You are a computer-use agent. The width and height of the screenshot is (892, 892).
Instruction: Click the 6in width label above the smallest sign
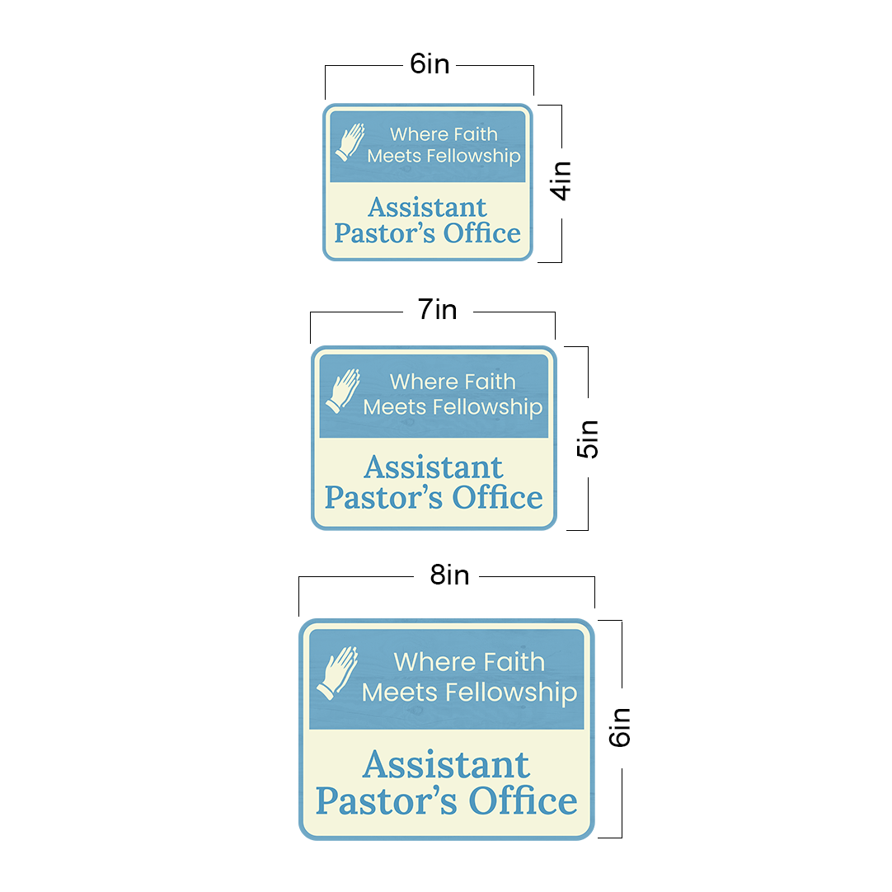(x=430, y=65)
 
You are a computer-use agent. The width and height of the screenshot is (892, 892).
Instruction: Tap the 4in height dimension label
(x=561, y=180)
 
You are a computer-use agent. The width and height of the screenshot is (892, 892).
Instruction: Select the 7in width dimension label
(x=437, y=310)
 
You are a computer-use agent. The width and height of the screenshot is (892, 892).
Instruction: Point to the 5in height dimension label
(x=588, y=439)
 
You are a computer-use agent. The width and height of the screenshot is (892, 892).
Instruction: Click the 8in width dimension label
(x=449, y=575)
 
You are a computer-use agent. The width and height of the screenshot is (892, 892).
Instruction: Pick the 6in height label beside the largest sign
(x=620, y=726)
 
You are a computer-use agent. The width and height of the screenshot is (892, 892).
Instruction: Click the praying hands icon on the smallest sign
(x=350, y=142)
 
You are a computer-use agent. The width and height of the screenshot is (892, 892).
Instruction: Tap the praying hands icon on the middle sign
(x=344, y=391)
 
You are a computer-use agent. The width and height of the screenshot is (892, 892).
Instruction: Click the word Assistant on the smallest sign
(x=427, y=207)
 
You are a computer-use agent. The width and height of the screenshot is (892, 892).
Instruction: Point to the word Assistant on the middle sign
(x=433, y=467)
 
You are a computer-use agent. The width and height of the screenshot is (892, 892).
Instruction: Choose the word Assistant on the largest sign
(x=446, y=765)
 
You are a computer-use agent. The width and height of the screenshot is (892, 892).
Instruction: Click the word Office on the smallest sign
(x=482, y=233)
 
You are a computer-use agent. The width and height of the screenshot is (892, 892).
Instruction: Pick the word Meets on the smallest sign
(x=394, y=156)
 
